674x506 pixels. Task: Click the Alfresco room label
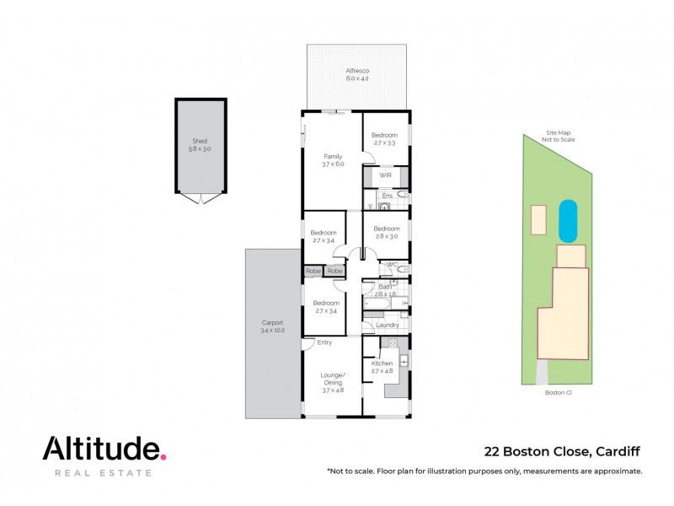point(357,74)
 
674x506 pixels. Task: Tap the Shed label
point(200,144)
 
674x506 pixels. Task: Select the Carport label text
point(272,326)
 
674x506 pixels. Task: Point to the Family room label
point(334,160)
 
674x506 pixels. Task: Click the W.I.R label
point(385,175)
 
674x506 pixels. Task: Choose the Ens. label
point(388,196)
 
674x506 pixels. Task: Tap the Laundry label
point(388,325)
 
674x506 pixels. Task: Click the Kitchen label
point(382,367)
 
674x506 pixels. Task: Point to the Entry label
point(324,342)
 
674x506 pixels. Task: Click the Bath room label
point(385,290)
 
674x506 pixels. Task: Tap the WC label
point(391,265)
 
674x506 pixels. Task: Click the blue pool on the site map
point(569,220)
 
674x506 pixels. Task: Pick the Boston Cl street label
point(557,392)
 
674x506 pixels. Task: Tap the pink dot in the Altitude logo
point(163,456)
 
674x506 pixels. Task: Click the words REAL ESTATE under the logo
point(104,473)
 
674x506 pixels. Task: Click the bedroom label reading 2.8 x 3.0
point(386,233)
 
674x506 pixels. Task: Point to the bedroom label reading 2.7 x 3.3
point(384,139)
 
